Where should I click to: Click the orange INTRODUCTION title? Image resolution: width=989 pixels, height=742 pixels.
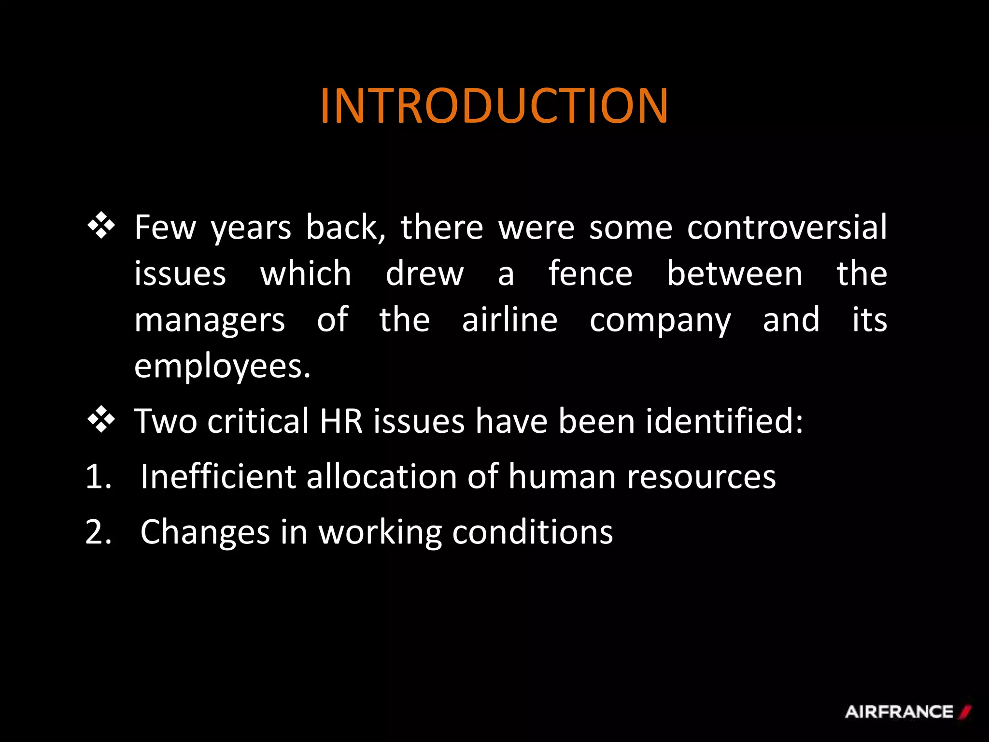point(494,106)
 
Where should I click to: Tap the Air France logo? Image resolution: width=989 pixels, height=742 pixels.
point(907,712)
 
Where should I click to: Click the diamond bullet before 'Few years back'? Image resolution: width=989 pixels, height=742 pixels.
point(101,226)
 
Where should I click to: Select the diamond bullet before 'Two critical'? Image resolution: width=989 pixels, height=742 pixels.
point(101,419)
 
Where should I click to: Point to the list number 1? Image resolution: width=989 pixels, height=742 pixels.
point(99,477)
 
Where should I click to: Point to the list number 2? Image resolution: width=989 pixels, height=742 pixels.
point(99,532)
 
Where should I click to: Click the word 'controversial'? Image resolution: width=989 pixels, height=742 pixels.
point(787,227)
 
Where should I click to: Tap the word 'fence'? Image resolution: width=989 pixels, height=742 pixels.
point(590,273)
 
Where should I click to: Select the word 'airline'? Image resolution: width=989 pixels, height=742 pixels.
point(509,320)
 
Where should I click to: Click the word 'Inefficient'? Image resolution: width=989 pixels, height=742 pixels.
point(218,477)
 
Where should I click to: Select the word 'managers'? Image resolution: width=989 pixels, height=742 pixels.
point(210,321)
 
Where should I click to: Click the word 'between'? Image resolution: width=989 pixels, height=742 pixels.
point(735,273)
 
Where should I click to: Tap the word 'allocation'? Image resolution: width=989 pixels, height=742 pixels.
point(381,477)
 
